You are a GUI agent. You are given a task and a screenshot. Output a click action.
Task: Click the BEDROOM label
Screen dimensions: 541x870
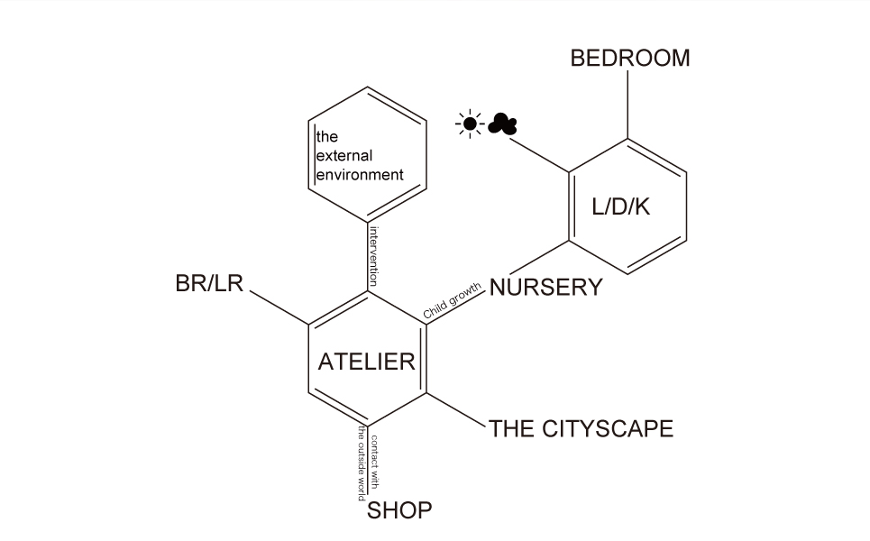pos(630,59)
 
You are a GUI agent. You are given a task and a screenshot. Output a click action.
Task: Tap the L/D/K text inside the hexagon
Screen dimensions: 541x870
pos(621,206)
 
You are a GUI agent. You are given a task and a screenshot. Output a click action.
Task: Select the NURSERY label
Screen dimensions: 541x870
pos(545,288)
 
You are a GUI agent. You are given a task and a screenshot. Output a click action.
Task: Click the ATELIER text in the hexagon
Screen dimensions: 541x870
pos(366,362)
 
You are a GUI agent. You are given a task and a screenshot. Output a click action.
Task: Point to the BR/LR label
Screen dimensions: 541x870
pos(209,283)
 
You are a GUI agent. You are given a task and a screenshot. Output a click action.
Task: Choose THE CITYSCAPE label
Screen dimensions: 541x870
pos(582,428)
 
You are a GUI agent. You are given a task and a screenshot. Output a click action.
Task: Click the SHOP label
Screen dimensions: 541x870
pos(399,510)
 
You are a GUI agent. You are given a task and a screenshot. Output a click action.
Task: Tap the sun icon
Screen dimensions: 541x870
pos(470,124)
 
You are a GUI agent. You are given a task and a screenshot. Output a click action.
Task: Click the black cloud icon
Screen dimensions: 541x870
pos(502,124)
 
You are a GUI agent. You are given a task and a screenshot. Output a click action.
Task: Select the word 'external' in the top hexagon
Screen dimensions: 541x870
pos(343,156)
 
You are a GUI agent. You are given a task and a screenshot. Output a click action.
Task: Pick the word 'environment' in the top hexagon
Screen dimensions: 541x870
pos(359,174)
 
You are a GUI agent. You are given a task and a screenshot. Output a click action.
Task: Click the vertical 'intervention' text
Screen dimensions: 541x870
pos(373,255)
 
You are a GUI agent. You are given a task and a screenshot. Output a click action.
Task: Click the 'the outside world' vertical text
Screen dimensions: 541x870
pos(362,463)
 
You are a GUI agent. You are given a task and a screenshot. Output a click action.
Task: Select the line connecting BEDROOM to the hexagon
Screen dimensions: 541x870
pos(627,104)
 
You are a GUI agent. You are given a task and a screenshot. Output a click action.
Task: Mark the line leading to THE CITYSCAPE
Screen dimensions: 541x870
pos(456,409)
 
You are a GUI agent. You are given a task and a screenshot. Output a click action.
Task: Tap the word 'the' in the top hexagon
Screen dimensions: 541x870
pos(326,138)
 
